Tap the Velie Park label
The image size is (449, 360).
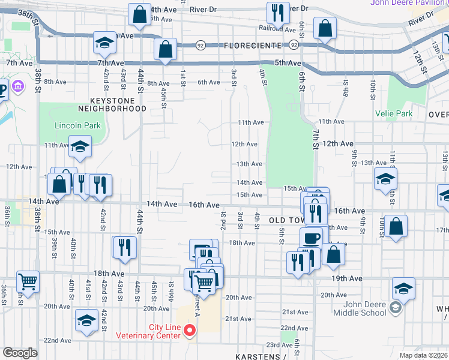(394, 113)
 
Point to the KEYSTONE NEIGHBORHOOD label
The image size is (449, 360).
(112, 104)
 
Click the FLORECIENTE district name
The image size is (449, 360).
(252, 46)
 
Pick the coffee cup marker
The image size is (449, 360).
(311, 238)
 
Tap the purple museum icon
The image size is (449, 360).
(17, 88)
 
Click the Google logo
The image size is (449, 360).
(20, 353)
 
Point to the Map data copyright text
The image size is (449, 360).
(424, 354)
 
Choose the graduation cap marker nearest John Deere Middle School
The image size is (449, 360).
(403, 289)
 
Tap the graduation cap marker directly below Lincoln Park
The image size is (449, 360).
(80, 146)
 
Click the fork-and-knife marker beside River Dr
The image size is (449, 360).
(277, 12)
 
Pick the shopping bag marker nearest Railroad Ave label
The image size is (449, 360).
(325, 28)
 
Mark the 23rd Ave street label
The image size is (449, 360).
(280, 345)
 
